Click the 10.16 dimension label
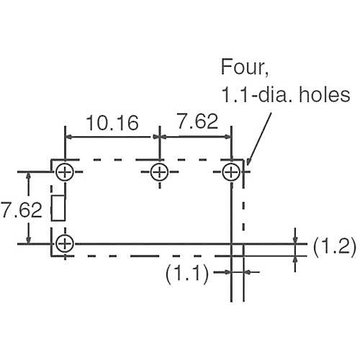(112, 123)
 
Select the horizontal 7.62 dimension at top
(197, 121)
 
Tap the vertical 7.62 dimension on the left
(21, 210)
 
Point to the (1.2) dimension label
(335, 246)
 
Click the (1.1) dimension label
(187, 273)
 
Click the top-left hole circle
(65, 163)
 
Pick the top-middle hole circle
(160, 163)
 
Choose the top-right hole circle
(231, 163)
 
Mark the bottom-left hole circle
(65, 235)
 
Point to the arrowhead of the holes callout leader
(248, 162)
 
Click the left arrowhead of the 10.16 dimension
(68, 137)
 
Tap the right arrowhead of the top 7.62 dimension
(228, 137)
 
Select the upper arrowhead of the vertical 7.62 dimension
(29, 176)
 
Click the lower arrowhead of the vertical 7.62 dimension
(29, 240)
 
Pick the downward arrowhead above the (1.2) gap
(295, 240)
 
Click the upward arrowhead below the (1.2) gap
(295, 260)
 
